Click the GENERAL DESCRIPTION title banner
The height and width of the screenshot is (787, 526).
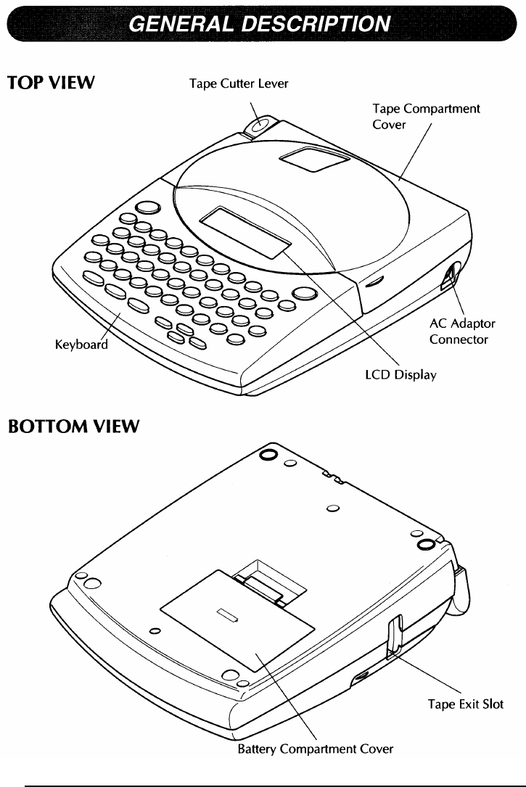coord(262,25)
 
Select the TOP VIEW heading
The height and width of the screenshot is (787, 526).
coord(50,83)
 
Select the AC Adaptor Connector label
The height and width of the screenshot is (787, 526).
coord(462,331)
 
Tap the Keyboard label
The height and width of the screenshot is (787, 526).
coord(81,344)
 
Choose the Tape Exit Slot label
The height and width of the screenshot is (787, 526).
coord(465,704)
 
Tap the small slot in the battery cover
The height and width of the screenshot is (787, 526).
coord(227,617)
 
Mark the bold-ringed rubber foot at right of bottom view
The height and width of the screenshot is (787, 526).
coord(426,543)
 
